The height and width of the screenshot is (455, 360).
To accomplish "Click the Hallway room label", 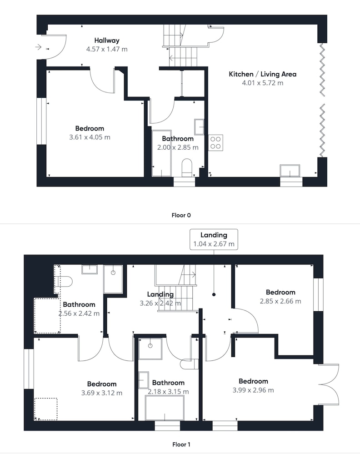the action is [x=107, y=40].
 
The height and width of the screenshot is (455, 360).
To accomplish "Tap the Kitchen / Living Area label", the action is [x=263, y=74].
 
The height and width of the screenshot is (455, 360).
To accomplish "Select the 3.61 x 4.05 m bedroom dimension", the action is [x=90, y=137].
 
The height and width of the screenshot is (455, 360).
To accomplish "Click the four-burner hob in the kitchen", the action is [x=215, y=143].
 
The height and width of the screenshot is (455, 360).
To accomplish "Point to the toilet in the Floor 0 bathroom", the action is [x=187, y=167].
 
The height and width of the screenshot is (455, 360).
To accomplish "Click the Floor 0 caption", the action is [x=181, y=215].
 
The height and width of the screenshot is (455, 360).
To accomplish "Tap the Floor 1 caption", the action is [x=181, y=444].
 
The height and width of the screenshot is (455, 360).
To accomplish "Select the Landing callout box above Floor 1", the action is [x=214, y=239].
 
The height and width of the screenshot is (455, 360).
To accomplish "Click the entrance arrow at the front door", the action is [x=38, y=47].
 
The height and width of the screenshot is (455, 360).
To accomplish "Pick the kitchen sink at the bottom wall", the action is [x=290, y=171].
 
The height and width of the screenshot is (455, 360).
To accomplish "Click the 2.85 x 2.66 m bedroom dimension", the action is [x=280, y=301].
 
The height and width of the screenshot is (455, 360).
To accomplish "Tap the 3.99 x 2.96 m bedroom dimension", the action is [x=253, y=390].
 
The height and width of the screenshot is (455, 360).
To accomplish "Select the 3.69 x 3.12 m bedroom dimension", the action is [x=102, y=393].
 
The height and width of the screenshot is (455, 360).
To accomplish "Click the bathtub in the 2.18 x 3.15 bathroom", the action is [x=165, y=408].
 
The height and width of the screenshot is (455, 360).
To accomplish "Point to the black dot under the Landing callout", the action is [x=214, y=294].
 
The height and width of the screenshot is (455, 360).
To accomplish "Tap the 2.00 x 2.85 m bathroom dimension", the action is [x=178, y=147].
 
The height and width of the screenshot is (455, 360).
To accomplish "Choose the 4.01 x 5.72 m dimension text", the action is [x=263, y=83].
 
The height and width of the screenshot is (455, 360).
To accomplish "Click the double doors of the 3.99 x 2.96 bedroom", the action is [x=329, y=384].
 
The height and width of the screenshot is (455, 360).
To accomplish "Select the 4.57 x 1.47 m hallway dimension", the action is [x=107, y=49].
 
